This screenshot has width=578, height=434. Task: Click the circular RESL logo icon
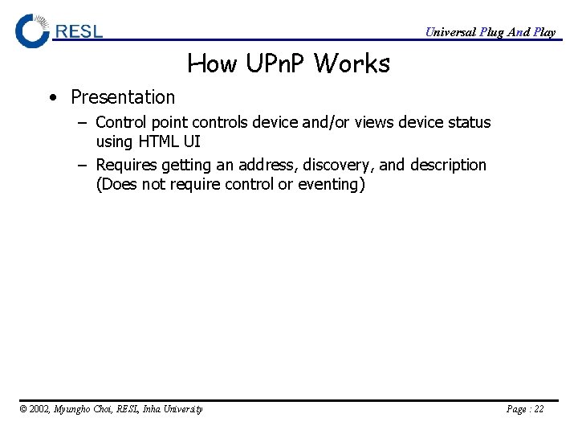pos(32,31)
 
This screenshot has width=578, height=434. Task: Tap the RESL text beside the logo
pos(79,31)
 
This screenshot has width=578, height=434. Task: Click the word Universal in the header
pos(450,32)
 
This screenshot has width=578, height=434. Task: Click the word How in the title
pos(211,63)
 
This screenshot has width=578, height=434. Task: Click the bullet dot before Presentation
pos(52,98)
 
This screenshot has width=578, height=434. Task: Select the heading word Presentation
pos(123,97)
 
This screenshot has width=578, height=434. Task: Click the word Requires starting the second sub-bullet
pos(126,165)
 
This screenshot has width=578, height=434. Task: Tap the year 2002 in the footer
pos(39,409)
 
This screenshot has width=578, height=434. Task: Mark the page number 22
pos(538,409)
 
